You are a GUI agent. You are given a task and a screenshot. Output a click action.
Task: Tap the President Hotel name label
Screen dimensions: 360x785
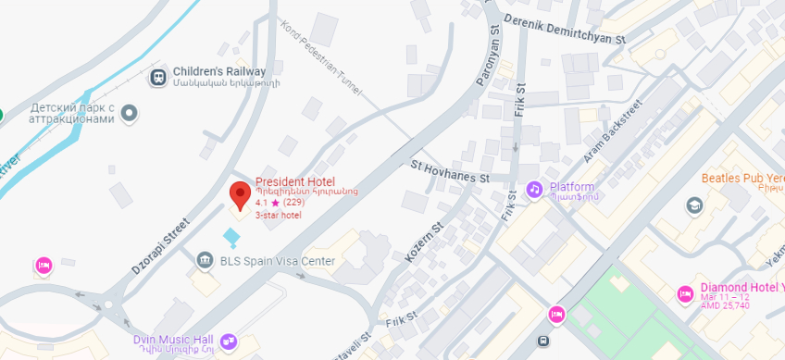[295, 181]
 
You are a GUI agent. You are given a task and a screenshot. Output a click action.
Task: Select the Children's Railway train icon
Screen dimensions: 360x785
[158, 76]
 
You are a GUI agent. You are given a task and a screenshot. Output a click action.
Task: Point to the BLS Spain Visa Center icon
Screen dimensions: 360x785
[205, 261]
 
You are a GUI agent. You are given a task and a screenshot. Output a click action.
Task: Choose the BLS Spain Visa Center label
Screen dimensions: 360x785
[277, 261]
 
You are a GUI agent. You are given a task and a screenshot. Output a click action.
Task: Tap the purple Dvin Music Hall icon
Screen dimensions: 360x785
[229, 341]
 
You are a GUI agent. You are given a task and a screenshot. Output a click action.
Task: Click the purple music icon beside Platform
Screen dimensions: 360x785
[533, 189]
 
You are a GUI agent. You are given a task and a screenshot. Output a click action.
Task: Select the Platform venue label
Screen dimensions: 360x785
[571, 187]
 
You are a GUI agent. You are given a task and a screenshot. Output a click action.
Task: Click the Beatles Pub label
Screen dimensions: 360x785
[741, 178]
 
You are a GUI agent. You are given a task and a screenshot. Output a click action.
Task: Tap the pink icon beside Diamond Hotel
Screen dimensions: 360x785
[685, 293]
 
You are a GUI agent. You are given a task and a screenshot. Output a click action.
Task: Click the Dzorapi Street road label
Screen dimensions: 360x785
[160, 245]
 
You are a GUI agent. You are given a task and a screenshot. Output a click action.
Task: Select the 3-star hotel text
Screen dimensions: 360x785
[279, 215]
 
